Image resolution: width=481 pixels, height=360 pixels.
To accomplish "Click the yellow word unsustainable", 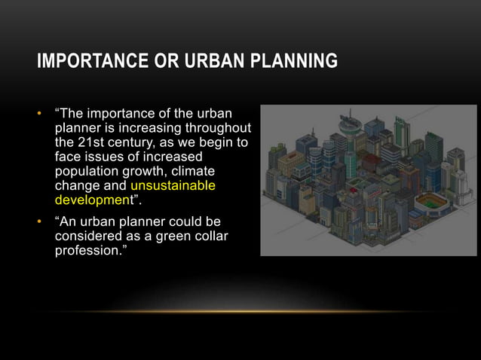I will point(173,185).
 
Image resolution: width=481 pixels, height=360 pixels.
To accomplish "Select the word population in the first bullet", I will point(86,172).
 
